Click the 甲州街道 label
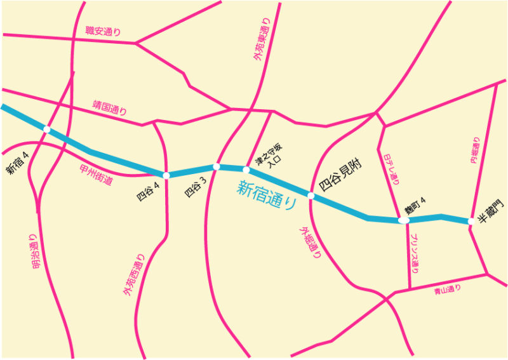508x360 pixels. point(97,175)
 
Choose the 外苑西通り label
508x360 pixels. point(134,275)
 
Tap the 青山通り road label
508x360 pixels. point(447,291)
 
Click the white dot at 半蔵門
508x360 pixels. point(471,222)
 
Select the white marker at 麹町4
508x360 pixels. point(403,220)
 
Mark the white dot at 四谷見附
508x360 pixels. point(311,196)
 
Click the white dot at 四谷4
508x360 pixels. point(166,175)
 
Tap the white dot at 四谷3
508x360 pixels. point(217,167)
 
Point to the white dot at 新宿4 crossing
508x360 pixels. point(46,130)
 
